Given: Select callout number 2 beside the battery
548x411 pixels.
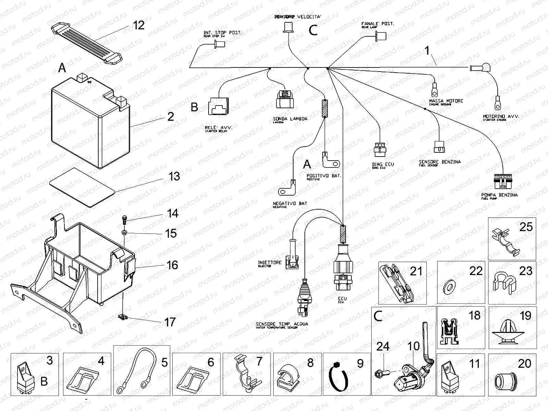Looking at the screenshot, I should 171,117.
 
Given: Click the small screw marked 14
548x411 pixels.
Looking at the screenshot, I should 124,220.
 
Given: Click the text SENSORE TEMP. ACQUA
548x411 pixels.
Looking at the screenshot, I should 282,324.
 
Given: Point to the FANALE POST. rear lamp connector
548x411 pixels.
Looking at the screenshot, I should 380,35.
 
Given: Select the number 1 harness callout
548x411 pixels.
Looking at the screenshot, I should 427,51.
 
